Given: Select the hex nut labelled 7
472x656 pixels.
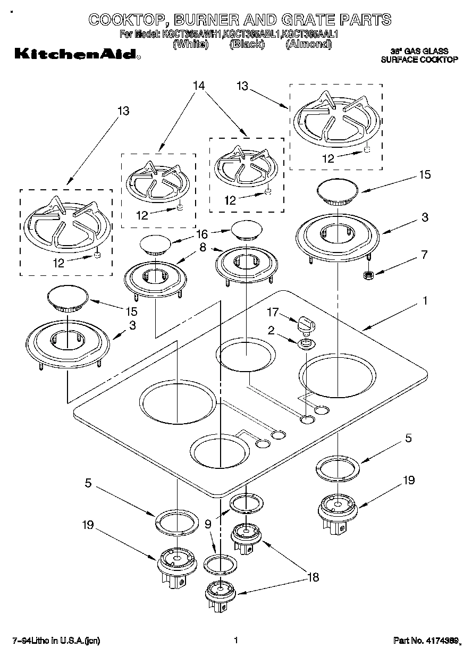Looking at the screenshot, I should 366,275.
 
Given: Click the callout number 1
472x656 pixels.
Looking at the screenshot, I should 424,301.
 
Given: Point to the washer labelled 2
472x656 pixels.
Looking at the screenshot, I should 305,344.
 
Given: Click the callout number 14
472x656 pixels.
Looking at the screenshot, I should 199,86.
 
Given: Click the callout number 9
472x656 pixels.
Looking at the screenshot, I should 208,523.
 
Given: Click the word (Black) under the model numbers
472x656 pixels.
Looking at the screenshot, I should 247,45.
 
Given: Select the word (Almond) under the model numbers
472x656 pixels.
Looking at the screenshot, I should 308,45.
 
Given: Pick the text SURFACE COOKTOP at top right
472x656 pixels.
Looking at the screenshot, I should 419,60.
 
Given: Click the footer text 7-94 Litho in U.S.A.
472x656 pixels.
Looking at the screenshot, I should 56,641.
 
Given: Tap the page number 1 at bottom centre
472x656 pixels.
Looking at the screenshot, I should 235,641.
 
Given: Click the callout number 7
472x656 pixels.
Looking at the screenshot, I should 424,254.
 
